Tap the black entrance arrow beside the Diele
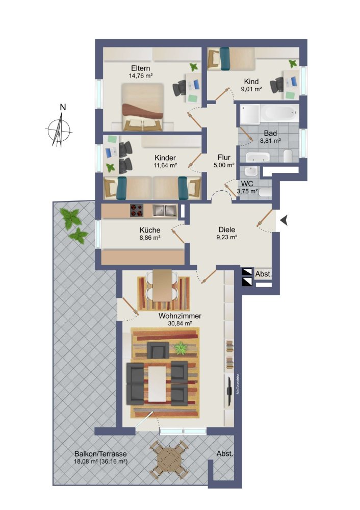pyautogui.click(x=285, y=220)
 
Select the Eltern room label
pyautogui.click(x=140, y=68)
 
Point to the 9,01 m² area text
pyautogui.click(x=251, y=89)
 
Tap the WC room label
pyautogui.click(x=247, y=183)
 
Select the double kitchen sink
pyautogui.click(x=164, y=210)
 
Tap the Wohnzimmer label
pyautogui.click(x=179, y=316)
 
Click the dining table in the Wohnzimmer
pyautogui.click(x=163, y=285)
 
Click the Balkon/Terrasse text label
pyautogui.click(x=100, y=453)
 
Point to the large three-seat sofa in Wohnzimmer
pyautogui.click(x=135, y=383)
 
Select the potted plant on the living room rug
pyautogui.click(x=180, y=349)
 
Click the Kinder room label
pyautogui.click(x=166, y=158)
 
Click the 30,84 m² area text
pyautogui.click(x=179, y=323)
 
